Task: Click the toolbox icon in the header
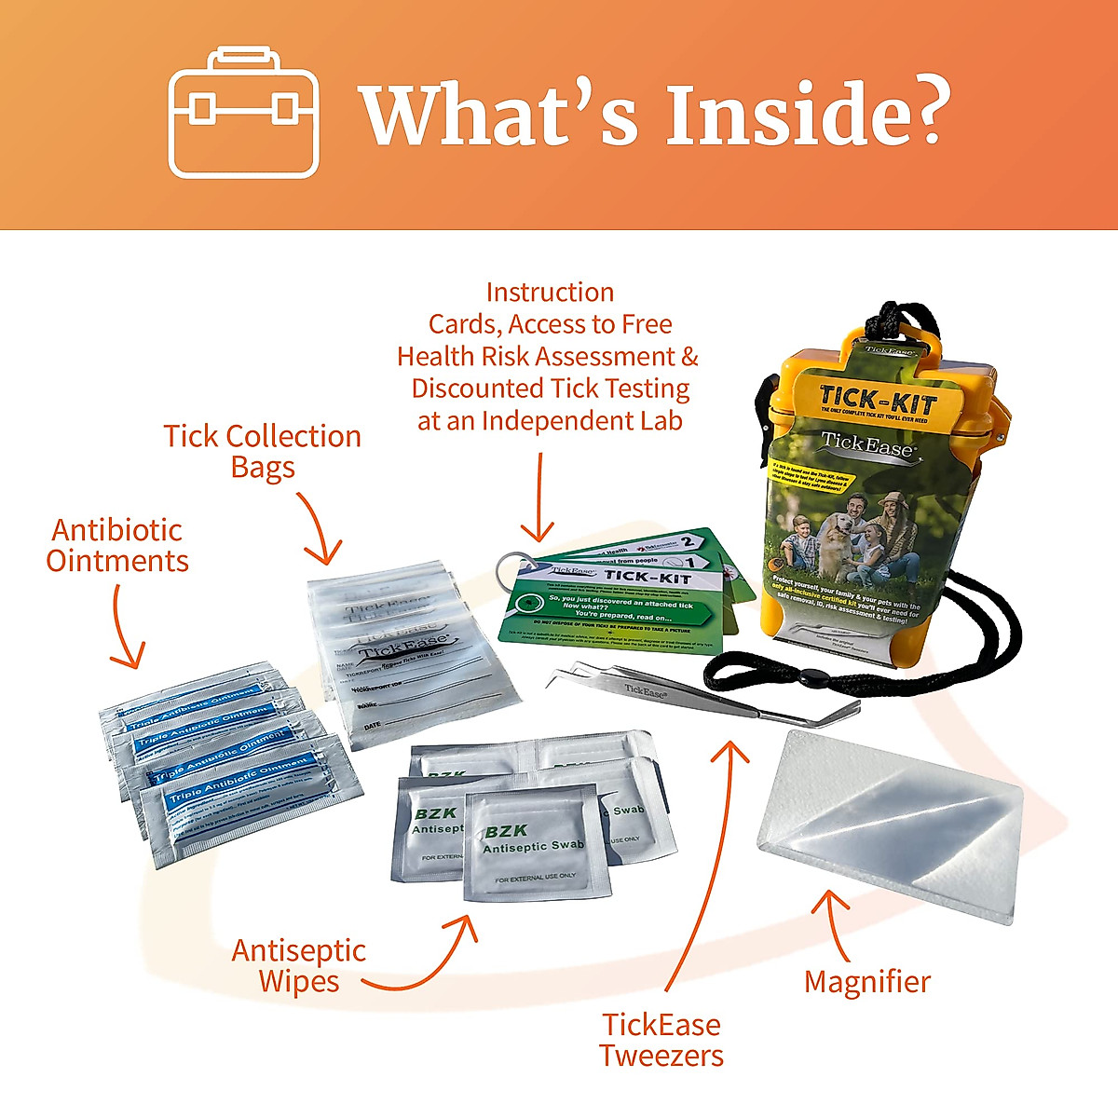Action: pos(243,114)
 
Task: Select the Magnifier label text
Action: pos(866,981)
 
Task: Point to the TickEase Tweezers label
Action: pos(661,1040)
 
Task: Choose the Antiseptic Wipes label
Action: pos(298,965)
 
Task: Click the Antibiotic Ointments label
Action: pos(117,545)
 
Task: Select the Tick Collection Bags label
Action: pos(263,451)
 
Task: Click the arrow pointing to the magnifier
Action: pos(835,922)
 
